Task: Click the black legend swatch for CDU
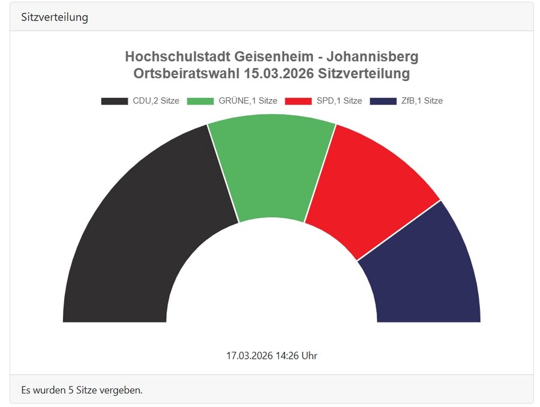pos(115,101)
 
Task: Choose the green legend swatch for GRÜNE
pos(200,101)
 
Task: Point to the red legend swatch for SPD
pos(298,101)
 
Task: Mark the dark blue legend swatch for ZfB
pos(383,101)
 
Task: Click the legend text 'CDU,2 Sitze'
pos(156,101)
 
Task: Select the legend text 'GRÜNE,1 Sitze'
pos(248,101)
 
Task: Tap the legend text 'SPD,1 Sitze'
pos(339,101)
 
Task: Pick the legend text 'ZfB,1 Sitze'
pos(422,101)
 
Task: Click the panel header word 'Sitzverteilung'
pos(55,17)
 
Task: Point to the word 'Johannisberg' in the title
pos(373,56)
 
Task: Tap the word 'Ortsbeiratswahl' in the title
pos(187,73)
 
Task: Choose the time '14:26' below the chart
pos(287,355)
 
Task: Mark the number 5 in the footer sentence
pos(71,390)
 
